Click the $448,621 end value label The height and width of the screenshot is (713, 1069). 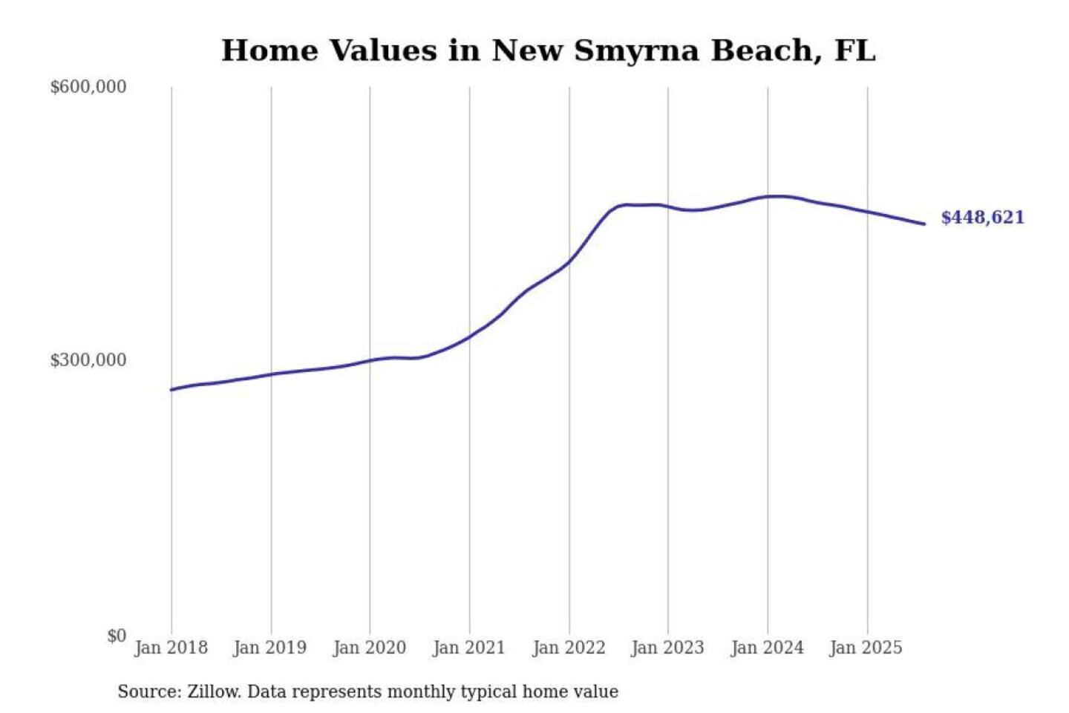pyautogui.click(x=982, y=218)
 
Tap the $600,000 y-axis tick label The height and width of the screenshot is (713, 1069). pyautogui.click(x=88, y=87)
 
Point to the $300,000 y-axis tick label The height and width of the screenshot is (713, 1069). pyautogui.click(x=88, y=360)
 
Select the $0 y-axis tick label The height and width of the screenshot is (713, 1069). pyautogui.click(x=117, y=636)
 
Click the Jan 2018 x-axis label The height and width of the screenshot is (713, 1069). pyautogui.click(x=171, y=648)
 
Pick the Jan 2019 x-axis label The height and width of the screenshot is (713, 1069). pyautogui.click(x=269, y=648)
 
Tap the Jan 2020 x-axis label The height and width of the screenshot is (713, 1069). pyautogui.click(x=370, y=648)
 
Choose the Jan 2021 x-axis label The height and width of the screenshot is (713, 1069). pyautogui.click(x=468, y=648)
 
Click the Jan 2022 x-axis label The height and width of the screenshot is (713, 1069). pyautogui.click(x=569, y=648)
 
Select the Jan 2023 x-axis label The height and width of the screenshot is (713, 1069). pyautogui.click(x=667, y=648)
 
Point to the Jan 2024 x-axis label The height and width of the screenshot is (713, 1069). pyautogui.click(x=767, y=648)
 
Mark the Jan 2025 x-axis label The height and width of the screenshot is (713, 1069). pyautogui.click(x=866, y=648)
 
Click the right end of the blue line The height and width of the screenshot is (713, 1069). pyautogui.click(x=923, y=224)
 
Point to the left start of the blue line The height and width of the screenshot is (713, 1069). pyautogui.click(x=171, y=389)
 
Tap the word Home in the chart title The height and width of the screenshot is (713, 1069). pyautogui.click(x=270, y=51)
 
